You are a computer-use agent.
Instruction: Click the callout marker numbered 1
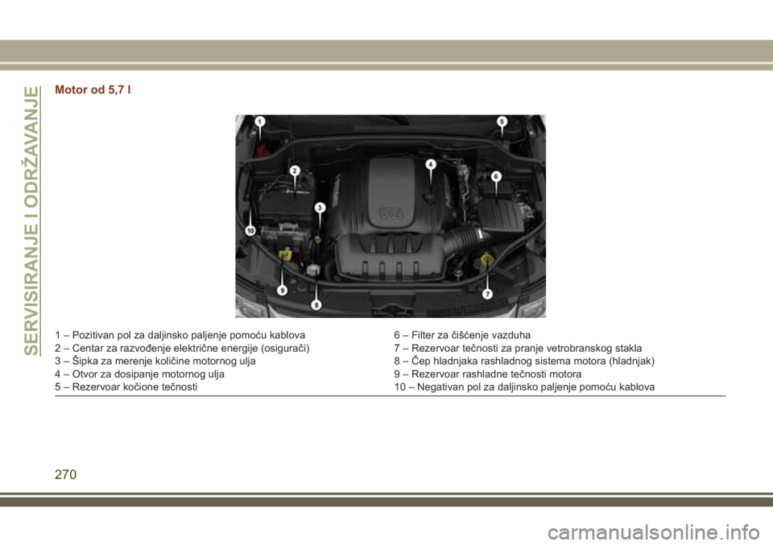coord(260,122)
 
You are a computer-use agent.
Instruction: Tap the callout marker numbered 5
coord(502,122)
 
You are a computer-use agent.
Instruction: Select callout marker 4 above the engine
coord(431,164)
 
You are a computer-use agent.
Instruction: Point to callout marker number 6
coord(496,176)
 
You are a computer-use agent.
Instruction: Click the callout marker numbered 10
coord(250,230)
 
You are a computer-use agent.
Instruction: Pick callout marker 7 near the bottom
coord(487,294)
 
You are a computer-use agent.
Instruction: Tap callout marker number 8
coord(316,305)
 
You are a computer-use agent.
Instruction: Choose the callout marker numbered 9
coord(282,290)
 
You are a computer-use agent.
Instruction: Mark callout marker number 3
coord(320,208)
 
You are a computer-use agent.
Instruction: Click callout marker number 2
coord(295,171)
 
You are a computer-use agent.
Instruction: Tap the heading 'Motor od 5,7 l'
coord(93,89)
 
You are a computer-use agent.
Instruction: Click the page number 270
coord(65,474)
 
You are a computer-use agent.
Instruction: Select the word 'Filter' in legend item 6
coord(421,335)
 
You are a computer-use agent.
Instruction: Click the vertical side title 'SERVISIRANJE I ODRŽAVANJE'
coord(31,221)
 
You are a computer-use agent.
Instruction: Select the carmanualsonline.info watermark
coord(653,532)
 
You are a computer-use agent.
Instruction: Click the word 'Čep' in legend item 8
coord(420,361)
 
